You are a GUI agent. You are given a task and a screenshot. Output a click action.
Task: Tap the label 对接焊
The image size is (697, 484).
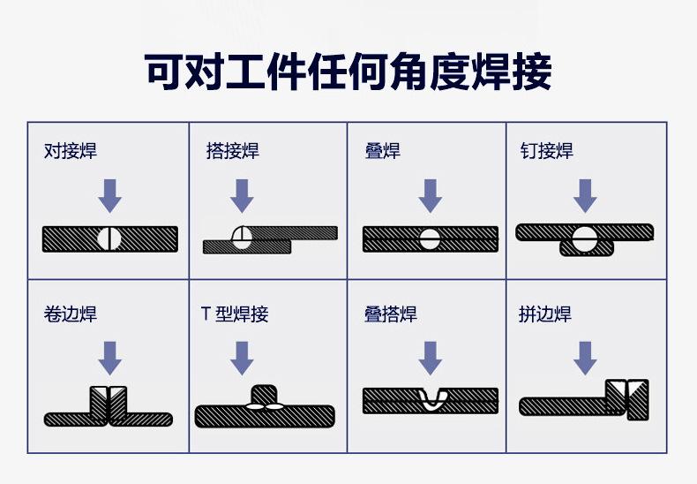71,151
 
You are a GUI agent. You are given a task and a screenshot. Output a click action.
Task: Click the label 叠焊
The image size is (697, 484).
382,151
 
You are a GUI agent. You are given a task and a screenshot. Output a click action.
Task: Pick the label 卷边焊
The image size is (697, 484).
71,314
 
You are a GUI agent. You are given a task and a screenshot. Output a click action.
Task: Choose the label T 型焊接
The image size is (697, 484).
235,314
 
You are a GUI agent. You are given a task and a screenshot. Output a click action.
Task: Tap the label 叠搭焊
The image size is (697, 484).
391,314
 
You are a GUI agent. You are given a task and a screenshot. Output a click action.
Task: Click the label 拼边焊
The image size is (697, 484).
545,314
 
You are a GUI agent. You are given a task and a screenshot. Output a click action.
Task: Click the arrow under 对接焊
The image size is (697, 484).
109,195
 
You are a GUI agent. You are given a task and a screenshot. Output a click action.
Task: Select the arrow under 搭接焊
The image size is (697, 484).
241,195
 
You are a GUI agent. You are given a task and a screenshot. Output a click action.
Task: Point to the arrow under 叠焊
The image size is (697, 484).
430,195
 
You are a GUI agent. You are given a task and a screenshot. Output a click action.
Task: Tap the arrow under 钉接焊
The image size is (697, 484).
584,195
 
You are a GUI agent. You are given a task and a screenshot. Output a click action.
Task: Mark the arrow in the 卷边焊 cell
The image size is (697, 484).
109,358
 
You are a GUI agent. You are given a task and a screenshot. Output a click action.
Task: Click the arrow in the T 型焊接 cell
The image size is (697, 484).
241,358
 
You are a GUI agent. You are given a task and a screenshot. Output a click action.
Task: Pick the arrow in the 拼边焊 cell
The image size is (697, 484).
584,358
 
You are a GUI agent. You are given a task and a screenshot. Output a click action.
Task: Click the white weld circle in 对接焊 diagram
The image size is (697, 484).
109,238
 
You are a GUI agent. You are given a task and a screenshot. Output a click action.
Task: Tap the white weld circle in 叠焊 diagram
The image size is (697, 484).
430,238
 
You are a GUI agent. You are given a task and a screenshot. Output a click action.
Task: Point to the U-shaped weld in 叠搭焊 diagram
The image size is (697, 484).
431,398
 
